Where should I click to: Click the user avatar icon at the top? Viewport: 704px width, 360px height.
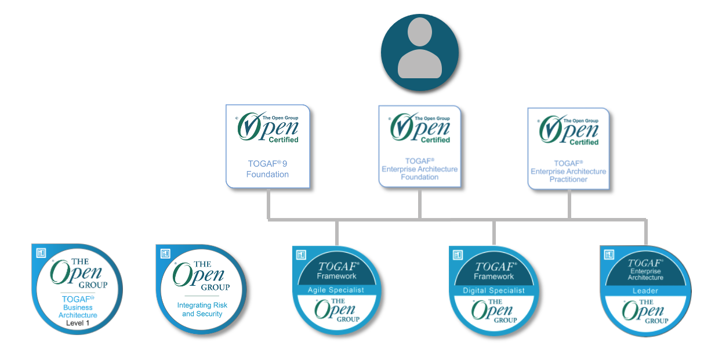419,53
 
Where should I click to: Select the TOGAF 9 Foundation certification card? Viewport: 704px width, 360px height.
268,147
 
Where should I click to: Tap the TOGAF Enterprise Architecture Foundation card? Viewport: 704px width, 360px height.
419,146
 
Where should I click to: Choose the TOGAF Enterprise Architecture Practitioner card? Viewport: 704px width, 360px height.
568,148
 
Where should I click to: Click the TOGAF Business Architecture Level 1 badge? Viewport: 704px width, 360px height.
77,289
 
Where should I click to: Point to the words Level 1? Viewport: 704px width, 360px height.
78,323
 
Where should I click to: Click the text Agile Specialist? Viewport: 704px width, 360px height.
336,290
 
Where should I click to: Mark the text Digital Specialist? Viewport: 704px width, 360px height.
493,290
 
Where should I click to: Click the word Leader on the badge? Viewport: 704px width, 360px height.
645,291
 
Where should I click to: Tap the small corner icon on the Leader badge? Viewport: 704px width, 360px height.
609,254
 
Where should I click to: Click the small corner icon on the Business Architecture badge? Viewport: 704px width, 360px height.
41,253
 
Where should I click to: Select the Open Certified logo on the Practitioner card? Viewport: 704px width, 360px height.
568,130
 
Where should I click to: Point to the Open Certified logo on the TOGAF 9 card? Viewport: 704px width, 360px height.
268,128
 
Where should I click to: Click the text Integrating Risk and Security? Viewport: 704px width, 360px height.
202,310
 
